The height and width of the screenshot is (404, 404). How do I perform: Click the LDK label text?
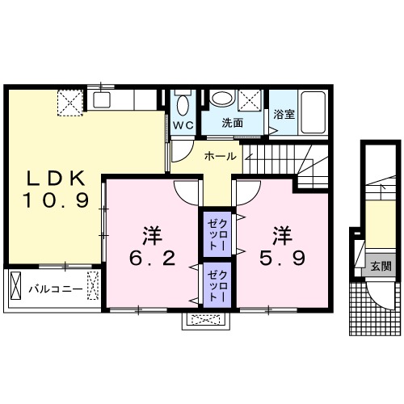coord(56,179)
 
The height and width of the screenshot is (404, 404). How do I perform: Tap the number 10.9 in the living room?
coord(56,200)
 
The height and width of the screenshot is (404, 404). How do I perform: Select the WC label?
coord(183,125)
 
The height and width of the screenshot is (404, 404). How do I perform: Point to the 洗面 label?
coord(233,123)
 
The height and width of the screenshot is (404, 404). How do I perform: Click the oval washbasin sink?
coord(222,99)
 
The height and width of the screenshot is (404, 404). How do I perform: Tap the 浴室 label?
coord(284,115)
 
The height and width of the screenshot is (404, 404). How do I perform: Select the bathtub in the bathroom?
coord(313,112)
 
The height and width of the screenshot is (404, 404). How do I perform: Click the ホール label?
coord(221,156)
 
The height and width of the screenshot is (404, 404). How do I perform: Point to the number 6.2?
coord(153,259)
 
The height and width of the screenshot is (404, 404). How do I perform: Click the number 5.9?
coord(282,259)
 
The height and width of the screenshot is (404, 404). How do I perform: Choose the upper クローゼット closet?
coord(217,234)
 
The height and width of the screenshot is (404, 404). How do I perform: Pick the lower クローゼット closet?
coord(217,285)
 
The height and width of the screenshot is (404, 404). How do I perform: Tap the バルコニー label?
coord(56,290)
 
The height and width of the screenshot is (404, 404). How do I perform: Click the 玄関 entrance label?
coord(381,267)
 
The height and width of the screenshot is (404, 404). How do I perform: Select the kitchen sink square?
coord(102,100)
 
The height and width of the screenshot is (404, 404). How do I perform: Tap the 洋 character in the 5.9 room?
coord(282,236)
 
